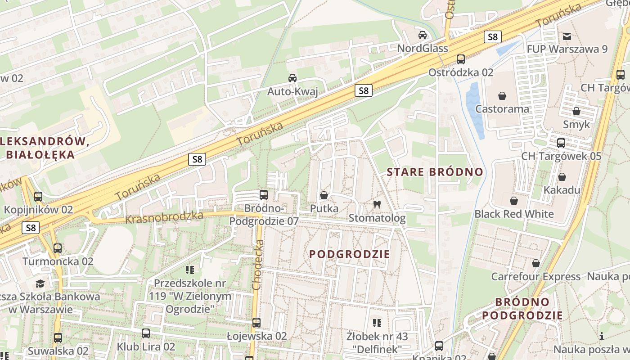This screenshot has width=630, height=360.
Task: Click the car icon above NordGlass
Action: click(x=423, y=35)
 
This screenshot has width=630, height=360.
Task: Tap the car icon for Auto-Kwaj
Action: click(x=292, y=78)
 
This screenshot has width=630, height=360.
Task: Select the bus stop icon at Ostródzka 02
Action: click(x=460, y=59)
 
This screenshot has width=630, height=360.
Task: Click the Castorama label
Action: click(x=502, y=109)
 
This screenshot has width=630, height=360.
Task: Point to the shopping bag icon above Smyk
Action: click(x=576, y=111)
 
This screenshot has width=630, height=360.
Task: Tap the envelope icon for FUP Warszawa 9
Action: click(x=567, y=36)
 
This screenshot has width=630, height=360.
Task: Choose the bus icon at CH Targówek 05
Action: click(x=561, y=143)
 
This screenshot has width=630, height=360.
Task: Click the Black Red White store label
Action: click(x=514, y=214)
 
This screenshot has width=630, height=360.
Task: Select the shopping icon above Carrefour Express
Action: click(x=535, y=263)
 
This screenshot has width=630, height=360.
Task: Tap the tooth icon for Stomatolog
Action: click(x=377, y=205)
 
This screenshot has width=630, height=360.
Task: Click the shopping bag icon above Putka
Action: click(x=324, y=195)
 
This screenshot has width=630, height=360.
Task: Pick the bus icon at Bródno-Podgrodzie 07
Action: click(x=264, y=195)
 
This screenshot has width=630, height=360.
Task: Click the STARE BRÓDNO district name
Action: click(x=435, y=172)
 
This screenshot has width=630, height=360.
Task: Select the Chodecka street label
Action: click(x=257, y=265)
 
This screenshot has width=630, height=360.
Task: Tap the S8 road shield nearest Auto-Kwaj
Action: click(x=364, y=91)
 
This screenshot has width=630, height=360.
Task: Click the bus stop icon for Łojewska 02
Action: click(x=256, y=323)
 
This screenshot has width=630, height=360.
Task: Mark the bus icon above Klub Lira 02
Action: click(x=145, y=333)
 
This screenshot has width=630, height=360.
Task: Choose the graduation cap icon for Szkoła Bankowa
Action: click(x=40, y=283)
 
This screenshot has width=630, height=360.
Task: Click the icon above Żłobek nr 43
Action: click(x=377, y=323)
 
